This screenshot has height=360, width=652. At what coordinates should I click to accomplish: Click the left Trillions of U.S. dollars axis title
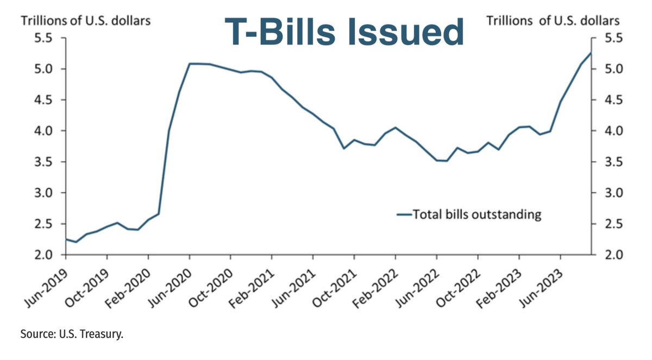click(x=85, y=21)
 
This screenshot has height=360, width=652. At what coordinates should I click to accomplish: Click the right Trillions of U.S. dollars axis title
click(x=553, y=21)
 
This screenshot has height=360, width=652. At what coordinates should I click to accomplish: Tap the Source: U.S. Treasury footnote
click(x=72, y=333)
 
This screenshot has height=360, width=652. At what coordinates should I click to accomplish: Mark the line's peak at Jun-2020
click(x=190, y=64)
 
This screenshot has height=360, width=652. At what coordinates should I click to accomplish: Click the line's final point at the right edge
click(x=591, y=53)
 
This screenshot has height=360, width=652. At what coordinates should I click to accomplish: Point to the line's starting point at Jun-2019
click(x=66, y=239)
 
